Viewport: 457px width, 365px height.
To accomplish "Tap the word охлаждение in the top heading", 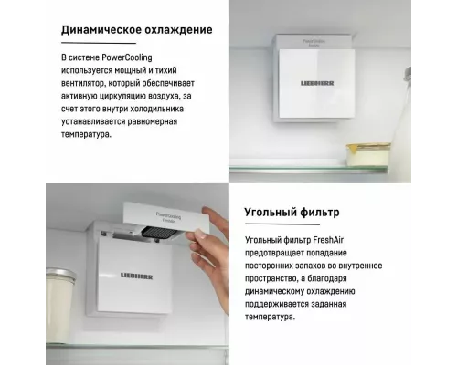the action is [x=178, y=30].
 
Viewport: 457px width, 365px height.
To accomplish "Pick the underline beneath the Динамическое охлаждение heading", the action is [x=99, y=43].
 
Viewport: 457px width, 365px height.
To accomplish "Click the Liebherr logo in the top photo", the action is [x=317, y=83].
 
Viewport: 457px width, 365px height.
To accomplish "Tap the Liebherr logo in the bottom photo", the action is [x=137, y=276].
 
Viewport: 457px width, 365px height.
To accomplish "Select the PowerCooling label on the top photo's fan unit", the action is [x=314, y=42].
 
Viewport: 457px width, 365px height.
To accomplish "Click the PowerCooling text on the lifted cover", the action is [x=168, y=217].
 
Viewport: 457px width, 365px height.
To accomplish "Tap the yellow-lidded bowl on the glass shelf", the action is [x=368, y=154].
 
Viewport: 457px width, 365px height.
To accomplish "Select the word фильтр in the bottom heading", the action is [x=320, y=212].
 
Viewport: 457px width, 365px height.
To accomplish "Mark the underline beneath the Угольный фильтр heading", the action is [x=282, y=224].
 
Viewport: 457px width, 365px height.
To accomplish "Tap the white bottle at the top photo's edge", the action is [x=402, y=116].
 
